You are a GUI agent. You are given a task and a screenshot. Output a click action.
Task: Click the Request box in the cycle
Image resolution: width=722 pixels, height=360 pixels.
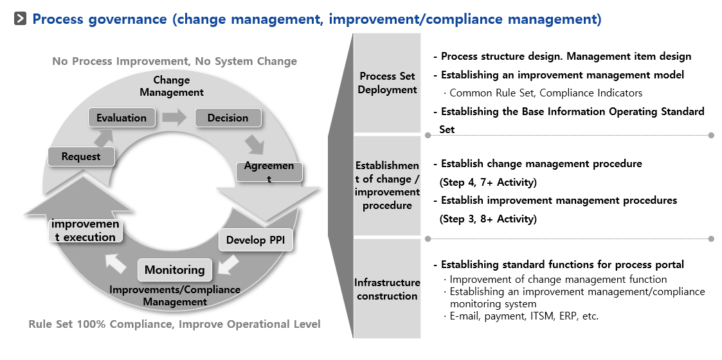click(x=81, y=156)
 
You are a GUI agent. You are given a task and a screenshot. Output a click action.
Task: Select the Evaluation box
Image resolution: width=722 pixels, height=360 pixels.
click(x=121, y=118)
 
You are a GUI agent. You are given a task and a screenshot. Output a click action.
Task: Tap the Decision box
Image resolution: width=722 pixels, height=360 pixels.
click(x=228, y=118)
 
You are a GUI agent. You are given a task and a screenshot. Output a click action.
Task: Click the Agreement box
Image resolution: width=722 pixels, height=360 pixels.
click(x=269, y=172)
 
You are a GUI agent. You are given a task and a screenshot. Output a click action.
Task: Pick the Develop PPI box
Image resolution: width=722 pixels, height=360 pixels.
click(x=255, y=240)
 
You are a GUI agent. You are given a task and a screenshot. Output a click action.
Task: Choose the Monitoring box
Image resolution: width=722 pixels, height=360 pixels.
click(x=175, y=270)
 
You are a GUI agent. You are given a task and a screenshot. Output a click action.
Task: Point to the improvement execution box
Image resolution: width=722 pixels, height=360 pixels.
click(x=86, y=231)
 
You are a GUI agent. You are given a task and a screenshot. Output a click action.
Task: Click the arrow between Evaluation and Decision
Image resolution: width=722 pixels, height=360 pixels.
click(x=174, y=118)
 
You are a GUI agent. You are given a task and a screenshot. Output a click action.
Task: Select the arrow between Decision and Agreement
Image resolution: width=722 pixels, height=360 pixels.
click(x=254, y=144)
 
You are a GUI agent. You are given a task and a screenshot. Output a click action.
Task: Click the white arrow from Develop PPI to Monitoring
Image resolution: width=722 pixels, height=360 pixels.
click(x=228, y=265)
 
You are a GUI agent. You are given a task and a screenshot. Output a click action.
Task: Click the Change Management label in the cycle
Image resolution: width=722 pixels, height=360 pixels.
click(x=172, y=86)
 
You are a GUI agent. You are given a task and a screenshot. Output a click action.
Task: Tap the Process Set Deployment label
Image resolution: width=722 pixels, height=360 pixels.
click(x=387, y=83)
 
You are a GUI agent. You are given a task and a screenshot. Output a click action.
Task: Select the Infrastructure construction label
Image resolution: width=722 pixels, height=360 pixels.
click(x=387, y=289)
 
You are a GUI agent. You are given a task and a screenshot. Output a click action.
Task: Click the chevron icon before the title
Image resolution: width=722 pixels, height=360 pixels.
click(x=21, y=19)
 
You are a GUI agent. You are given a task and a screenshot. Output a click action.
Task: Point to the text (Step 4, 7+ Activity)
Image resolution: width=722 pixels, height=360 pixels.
click(x=488, y=183)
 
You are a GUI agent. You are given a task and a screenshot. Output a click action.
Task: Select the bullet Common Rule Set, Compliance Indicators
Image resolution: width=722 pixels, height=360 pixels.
click(x=543, y=93)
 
